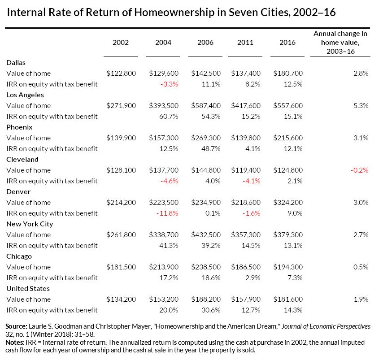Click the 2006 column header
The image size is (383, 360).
click(205, 43)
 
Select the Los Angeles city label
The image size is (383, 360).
click(25, 95)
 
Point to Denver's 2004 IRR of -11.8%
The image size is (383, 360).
click(168, 213)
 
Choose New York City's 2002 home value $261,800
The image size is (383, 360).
click(121, 234)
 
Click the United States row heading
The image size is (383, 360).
click(28, 288)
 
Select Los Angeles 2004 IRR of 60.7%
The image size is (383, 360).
click(170, 116)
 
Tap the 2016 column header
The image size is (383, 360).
click(287, 43)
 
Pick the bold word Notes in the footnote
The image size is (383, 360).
click(15, 342)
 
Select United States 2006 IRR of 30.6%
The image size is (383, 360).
click(212, 310)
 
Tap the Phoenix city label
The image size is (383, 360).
click(18, 127)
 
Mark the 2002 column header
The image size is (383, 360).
click(121, 43)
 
